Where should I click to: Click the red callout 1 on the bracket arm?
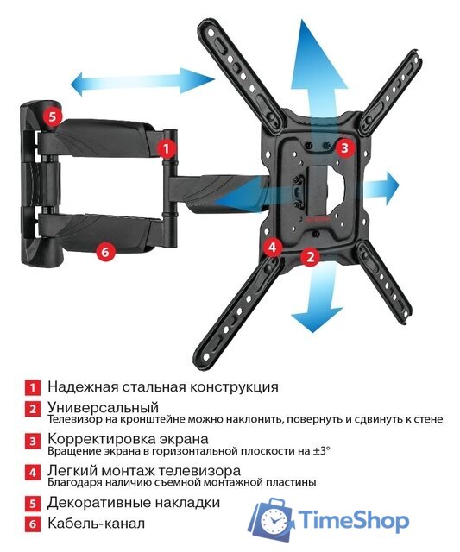(164, 147)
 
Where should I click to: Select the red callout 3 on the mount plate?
(343, 147)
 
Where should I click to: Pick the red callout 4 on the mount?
(273, 248)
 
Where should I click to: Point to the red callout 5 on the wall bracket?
(53, 116)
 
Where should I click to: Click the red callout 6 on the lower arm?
(104, 252)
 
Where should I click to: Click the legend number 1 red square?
(31, 387)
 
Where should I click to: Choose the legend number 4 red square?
(31, 474)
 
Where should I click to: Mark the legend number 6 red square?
(31, 524)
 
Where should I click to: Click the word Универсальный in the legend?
(104, 407)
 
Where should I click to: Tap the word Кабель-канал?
(96, 524)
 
